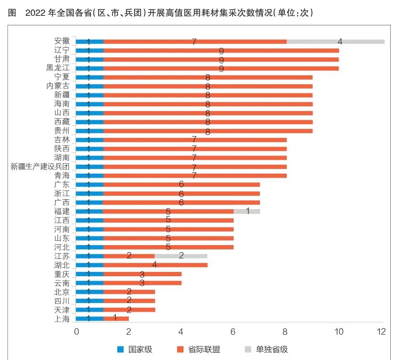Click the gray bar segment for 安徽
335,42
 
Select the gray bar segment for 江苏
181,256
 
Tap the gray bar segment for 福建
247,211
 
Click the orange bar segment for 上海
116,318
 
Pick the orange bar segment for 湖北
155,265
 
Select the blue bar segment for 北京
90,292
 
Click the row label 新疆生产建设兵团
40,167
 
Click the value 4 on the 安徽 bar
340,42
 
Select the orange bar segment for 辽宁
221,51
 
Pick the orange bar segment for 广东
181,184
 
